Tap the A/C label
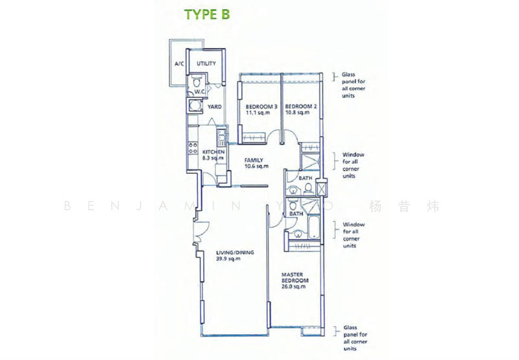click(180, 64)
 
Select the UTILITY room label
click(206, 64)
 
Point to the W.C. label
click(200, 93)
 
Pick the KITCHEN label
click(213, 152)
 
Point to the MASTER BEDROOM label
click(295, 278)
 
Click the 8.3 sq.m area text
click(213, 158)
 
